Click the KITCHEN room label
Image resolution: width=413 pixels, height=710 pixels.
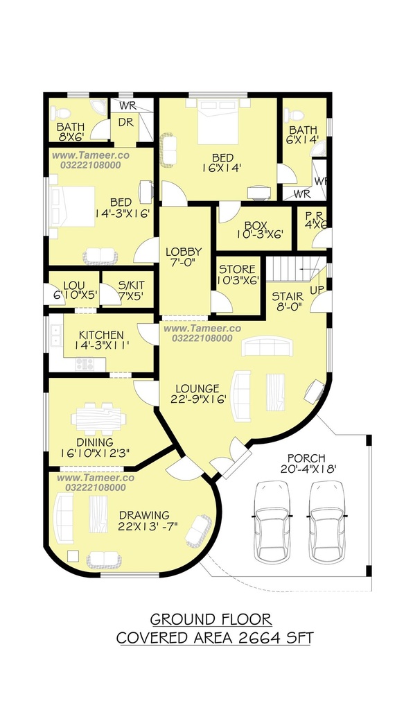101,335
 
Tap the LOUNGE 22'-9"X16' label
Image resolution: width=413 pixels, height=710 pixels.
197,394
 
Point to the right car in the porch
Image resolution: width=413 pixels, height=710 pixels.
327,521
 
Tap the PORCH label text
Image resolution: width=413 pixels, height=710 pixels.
306,458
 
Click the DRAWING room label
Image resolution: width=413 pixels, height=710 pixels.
144,515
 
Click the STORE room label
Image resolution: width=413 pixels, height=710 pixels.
237,270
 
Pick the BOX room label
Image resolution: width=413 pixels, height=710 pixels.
256,225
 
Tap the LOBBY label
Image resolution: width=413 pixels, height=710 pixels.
184,252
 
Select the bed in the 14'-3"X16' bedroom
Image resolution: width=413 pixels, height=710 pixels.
73,207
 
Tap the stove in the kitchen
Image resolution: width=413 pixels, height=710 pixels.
85,363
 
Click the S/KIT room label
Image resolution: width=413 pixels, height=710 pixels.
131,285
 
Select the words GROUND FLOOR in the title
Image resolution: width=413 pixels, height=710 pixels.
211,619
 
